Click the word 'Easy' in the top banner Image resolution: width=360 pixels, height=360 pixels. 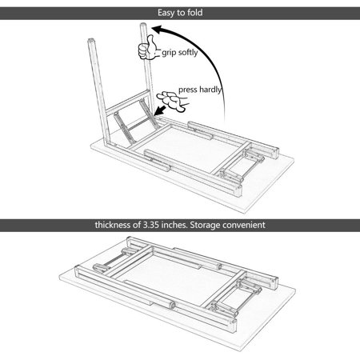coord(166,13)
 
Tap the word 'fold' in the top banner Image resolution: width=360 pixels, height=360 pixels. coord(195,12)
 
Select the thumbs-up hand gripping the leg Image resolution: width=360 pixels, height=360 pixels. coord(147,48)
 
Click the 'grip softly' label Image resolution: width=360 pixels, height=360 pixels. coord(180,53)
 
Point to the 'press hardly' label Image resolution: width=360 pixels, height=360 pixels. coord(200,90)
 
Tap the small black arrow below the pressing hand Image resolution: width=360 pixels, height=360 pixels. coord(160,110)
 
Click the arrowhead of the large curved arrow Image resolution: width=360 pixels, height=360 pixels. coord(158,30)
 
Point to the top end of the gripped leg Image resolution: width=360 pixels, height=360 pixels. coord(143,25)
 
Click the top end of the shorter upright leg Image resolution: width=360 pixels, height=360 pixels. coord(91,41)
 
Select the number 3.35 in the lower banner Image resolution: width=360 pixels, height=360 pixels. coord(151,225)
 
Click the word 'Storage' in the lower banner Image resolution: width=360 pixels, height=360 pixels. coord(205,225)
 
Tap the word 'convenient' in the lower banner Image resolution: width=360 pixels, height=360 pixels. coord(243,225)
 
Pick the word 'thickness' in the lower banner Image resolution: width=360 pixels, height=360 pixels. coord(113,225)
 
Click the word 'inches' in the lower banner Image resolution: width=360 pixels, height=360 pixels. coord(174,225)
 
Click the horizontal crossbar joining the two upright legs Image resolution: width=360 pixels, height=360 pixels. coord(128,102)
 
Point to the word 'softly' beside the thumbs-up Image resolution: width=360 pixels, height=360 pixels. coord(187,53)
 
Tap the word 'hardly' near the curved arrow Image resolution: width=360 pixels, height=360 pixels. coord(210,90)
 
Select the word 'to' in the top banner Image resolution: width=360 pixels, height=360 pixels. coord(180,13)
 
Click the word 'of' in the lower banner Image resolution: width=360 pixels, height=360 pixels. coord(137,225)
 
